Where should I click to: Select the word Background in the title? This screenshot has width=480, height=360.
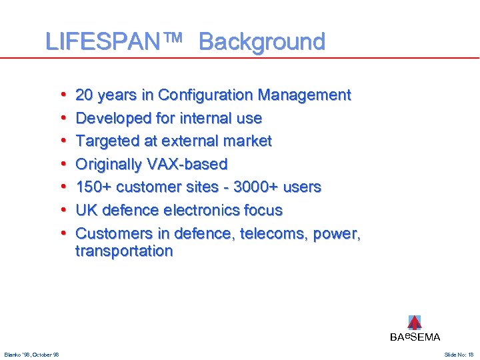[x=261, y=42]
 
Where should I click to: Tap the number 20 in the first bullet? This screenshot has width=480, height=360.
[x=85, y=95]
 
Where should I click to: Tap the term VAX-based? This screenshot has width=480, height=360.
[x=189, y=165]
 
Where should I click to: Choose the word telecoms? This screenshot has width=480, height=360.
[x=257, y=234]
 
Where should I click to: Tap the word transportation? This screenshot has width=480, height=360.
[x=124, y=251]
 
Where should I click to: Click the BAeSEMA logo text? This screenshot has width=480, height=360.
[x=415, y=337]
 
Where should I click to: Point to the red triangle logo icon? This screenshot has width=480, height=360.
[x=415, y=323]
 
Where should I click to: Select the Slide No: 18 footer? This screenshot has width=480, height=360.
[x=459, y=355]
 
